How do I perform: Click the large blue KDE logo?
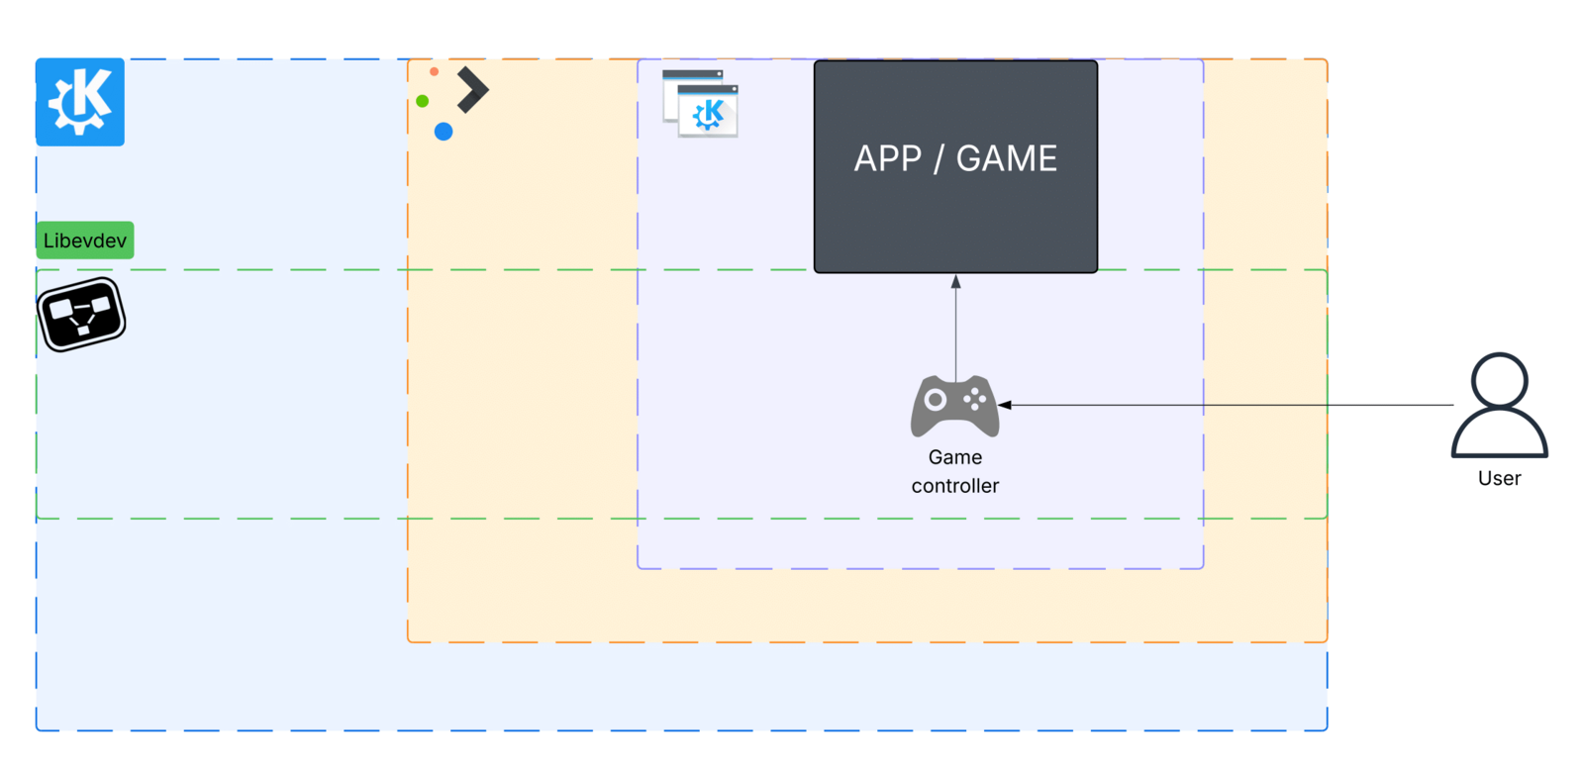[80, 102]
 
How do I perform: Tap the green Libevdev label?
[85, 240]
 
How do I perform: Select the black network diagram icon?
[81, 315]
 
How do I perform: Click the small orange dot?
[434, 72]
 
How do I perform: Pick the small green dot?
[423, 101]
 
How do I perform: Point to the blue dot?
[444, 132]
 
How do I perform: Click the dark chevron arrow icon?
[472, 90]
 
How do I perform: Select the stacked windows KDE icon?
[700, 103]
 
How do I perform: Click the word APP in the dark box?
[887, 159]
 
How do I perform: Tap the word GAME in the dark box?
[1007, 159]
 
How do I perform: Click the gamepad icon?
[954, 406]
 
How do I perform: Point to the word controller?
[955, 486]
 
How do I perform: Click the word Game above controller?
[955, 457]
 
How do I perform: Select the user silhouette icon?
[1499, 406]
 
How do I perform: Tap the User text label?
[1499, 479]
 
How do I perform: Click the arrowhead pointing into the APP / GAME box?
[955, 282]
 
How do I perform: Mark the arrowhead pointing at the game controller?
[1005, 405]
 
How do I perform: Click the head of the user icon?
[1499, 380]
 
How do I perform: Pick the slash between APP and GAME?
[938, 159]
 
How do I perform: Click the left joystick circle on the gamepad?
[935, 400]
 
